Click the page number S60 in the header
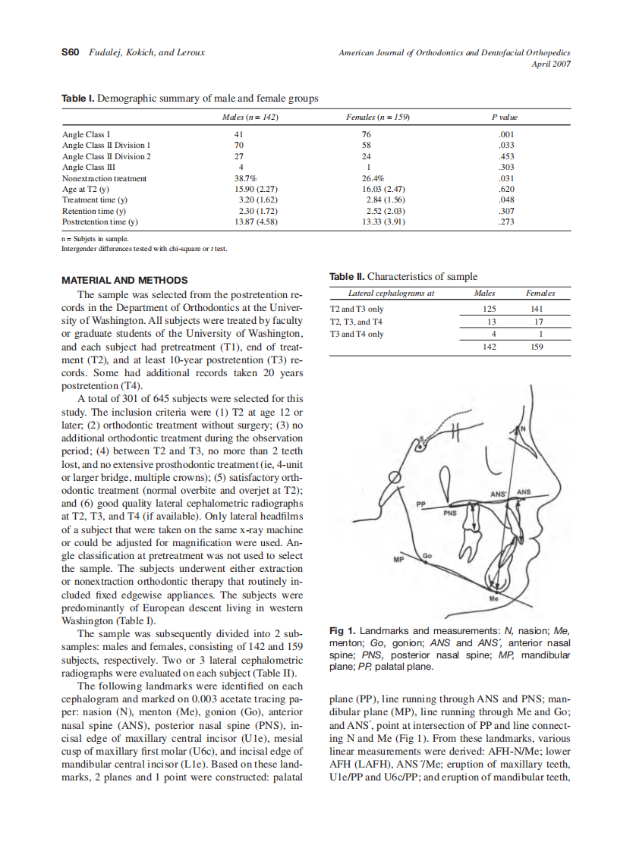click(70, 52)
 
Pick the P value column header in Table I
click(504, 118)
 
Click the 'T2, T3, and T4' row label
click(357, 322)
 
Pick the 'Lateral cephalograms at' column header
click(391, 293)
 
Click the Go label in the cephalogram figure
click(427, 557)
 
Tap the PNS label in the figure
click(450, 513)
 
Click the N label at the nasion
click(521, 429)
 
